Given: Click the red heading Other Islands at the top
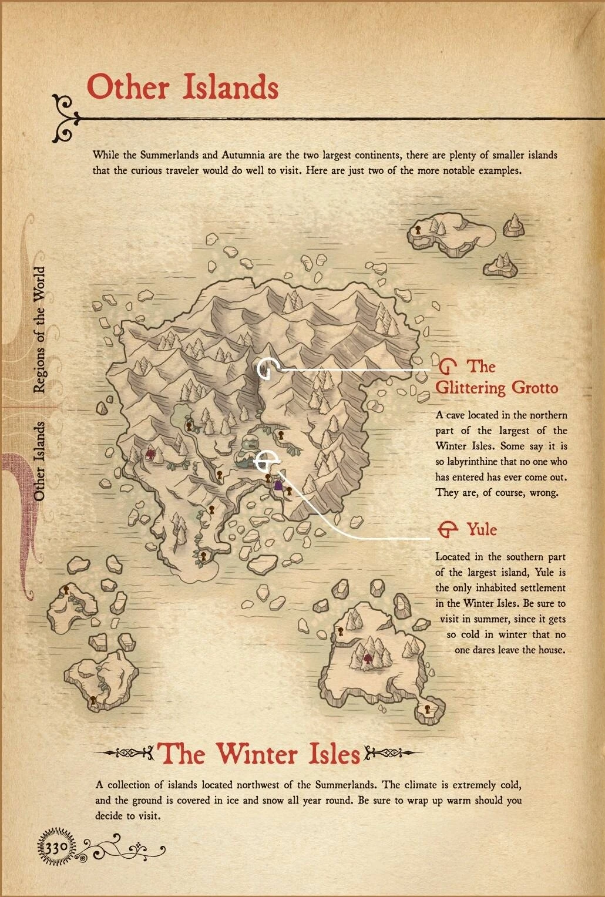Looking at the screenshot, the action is click(182, 88).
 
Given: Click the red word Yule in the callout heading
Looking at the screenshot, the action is click(482, 530).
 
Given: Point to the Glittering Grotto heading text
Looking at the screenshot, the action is click(496, 377).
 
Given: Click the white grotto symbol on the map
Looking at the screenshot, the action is click(267, 369).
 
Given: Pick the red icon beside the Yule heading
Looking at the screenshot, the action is click(448, 530).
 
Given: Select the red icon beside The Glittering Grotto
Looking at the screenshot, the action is click(448, 367).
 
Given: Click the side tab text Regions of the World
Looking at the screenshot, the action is click(39, 330).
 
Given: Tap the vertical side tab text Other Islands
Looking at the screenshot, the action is click(39, 461).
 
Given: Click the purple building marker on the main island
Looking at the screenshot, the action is click(278, 486).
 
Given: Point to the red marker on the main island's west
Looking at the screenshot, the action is click(150, 453).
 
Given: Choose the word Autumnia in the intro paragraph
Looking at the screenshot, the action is click(240, 156).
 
